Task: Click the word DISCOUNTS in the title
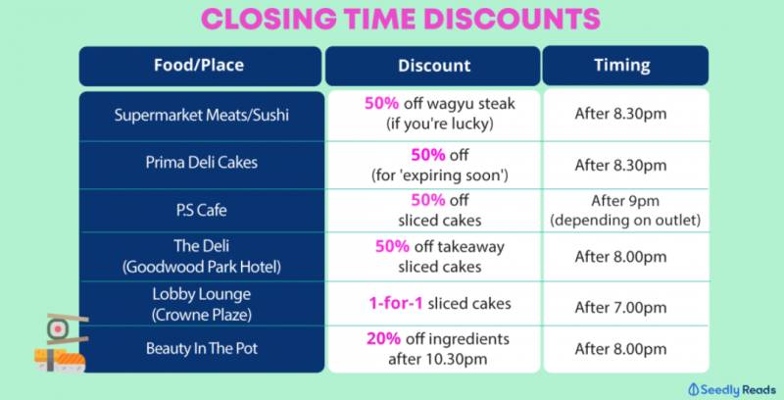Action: point(511,19)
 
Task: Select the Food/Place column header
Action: point(200,66)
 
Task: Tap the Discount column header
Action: point(433,66)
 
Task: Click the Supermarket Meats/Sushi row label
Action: point(202,115)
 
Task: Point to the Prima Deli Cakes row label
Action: point(202,163)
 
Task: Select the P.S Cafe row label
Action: point(202,210)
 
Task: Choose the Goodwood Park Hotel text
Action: point(202,267)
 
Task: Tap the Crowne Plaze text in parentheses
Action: point(202,315)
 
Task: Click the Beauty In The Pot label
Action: point(202,348)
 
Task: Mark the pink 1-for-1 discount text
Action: point(396,303)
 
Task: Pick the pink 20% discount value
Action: point(383,338)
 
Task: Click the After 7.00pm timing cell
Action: point(620,307)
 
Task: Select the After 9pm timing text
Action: point(625,201)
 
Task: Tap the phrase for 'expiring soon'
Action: point(439,175)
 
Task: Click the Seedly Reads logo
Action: point(731,389)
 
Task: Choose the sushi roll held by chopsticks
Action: point(58,329)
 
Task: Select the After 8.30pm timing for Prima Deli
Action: point(620,165)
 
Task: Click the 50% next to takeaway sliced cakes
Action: point(393,246)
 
